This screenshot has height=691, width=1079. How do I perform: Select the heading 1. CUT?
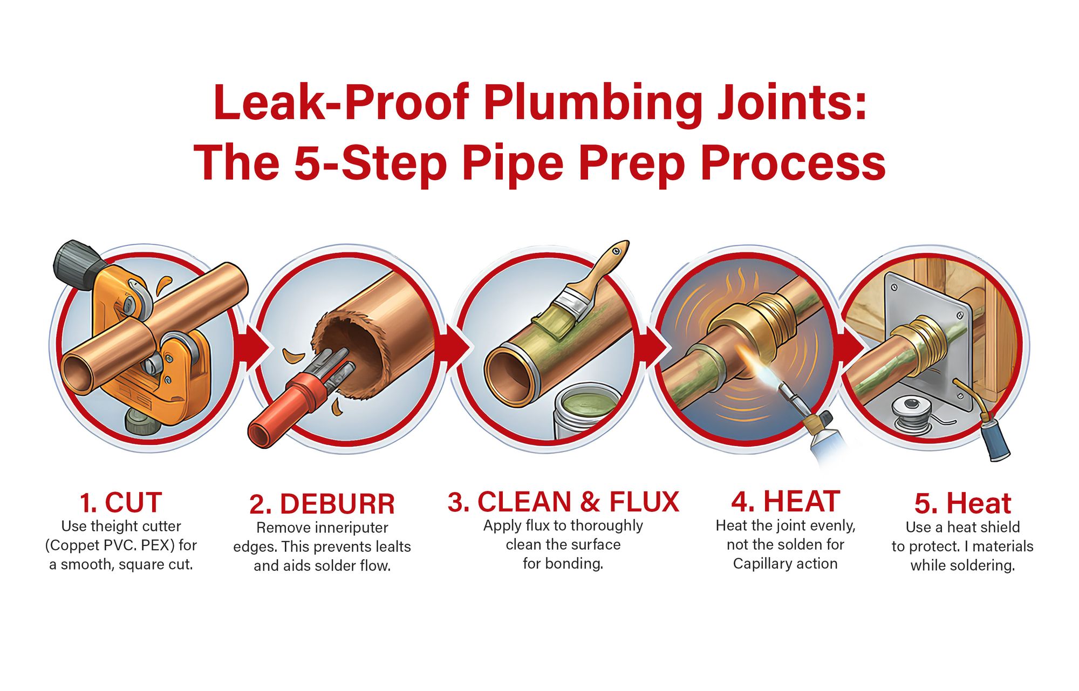[x=121, y=503]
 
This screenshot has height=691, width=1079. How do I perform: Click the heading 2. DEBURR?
[x=322, y=504]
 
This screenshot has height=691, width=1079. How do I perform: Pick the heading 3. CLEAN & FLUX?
[x=563, y=502]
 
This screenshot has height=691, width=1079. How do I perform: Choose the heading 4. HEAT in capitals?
[x=785, y=502]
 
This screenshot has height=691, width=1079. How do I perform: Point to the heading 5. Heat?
[x=962, y=504]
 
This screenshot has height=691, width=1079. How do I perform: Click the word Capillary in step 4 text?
[x=758, y=564]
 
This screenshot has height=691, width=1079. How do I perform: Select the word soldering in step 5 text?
[x=986, y=566]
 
